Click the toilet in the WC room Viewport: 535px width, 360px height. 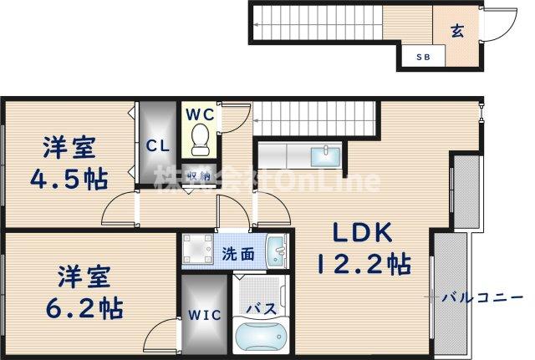[x=200, y=139]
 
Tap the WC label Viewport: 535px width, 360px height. [x=198, y=114]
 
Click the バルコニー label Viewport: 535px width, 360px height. [x=482, y=297]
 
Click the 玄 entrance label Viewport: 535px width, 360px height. [x=457, y=31]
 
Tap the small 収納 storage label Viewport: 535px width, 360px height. [x=198, y=175]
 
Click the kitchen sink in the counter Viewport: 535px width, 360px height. [x=322, y=156]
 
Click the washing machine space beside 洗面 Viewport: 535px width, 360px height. [x=198, y=250]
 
